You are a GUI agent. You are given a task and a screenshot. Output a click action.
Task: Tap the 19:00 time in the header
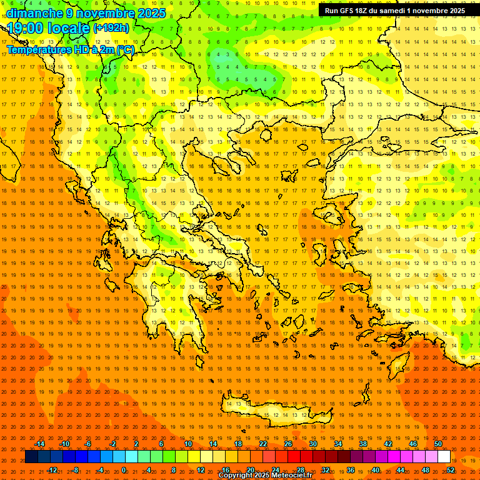[x=24, y=28]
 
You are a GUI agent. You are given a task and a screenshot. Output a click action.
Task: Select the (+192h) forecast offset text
[x=111, y=27]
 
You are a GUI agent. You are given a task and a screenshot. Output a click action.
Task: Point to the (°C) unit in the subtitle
[x=123, y=49]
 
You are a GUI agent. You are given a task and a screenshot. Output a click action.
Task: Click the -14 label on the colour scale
[x=39, y=444]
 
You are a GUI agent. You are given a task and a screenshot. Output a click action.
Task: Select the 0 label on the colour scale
[x=124, y=469]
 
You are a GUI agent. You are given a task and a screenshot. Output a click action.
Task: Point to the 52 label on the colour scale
[x=451, y=469]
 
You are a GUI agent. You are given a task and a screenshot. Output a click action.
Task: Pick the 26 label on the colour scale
[x=288, y=444]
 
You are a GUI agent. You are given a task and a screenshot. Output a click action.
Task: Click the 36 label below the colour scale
[x=351, y=469]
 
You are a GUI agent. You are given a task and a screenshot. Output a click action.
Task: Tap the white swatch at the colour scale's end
[x=444, y=456]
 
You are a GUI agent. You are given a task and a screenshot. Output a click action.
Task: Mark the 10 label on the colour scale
[x=188, y=444]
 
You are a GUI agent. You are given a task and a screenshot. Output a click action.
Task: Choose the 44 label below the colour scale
[x=401, y=469]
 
